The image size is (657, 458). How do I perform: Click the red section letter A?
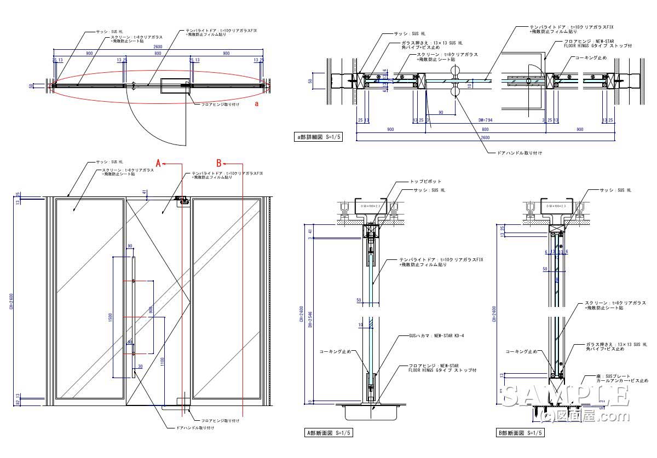point(159,163)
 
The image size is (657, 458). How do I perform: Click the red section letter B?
point(218,163)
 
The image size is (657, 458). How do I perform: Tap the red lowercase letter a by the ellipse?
point(256,103)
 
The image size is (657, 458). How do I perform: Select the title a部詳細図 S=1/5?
point(318,137)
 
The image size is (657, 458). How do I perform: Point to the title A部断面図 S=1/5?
point(328,433)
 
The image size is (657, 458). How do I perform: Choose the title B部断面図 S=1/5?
point(520,433)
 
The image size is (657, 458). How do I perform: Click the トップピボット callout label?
point(425,181)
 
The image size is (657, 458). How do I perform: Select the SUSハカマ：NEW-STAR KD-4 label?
point(436,335)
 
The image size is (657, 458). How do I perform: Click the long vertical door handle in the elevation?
point(133,317)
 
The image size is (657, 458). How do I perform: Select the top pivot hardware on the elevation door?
point(182,202)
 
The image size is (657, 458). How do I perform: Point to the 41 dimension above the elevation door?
point(143,192)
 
